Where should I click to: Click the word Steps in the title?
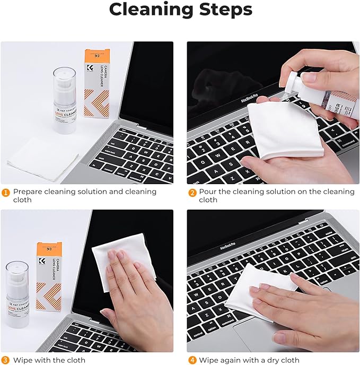click(x=224, y=10)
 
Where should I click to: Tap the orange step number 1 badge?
click(x=6, y=192)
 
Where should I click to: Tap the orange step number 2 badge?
click(x=192, y=192)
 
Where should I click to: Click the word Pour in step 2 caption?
click(x=208, y=192)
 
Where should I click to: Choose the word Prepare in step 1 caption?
click(x=29, y=192)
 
